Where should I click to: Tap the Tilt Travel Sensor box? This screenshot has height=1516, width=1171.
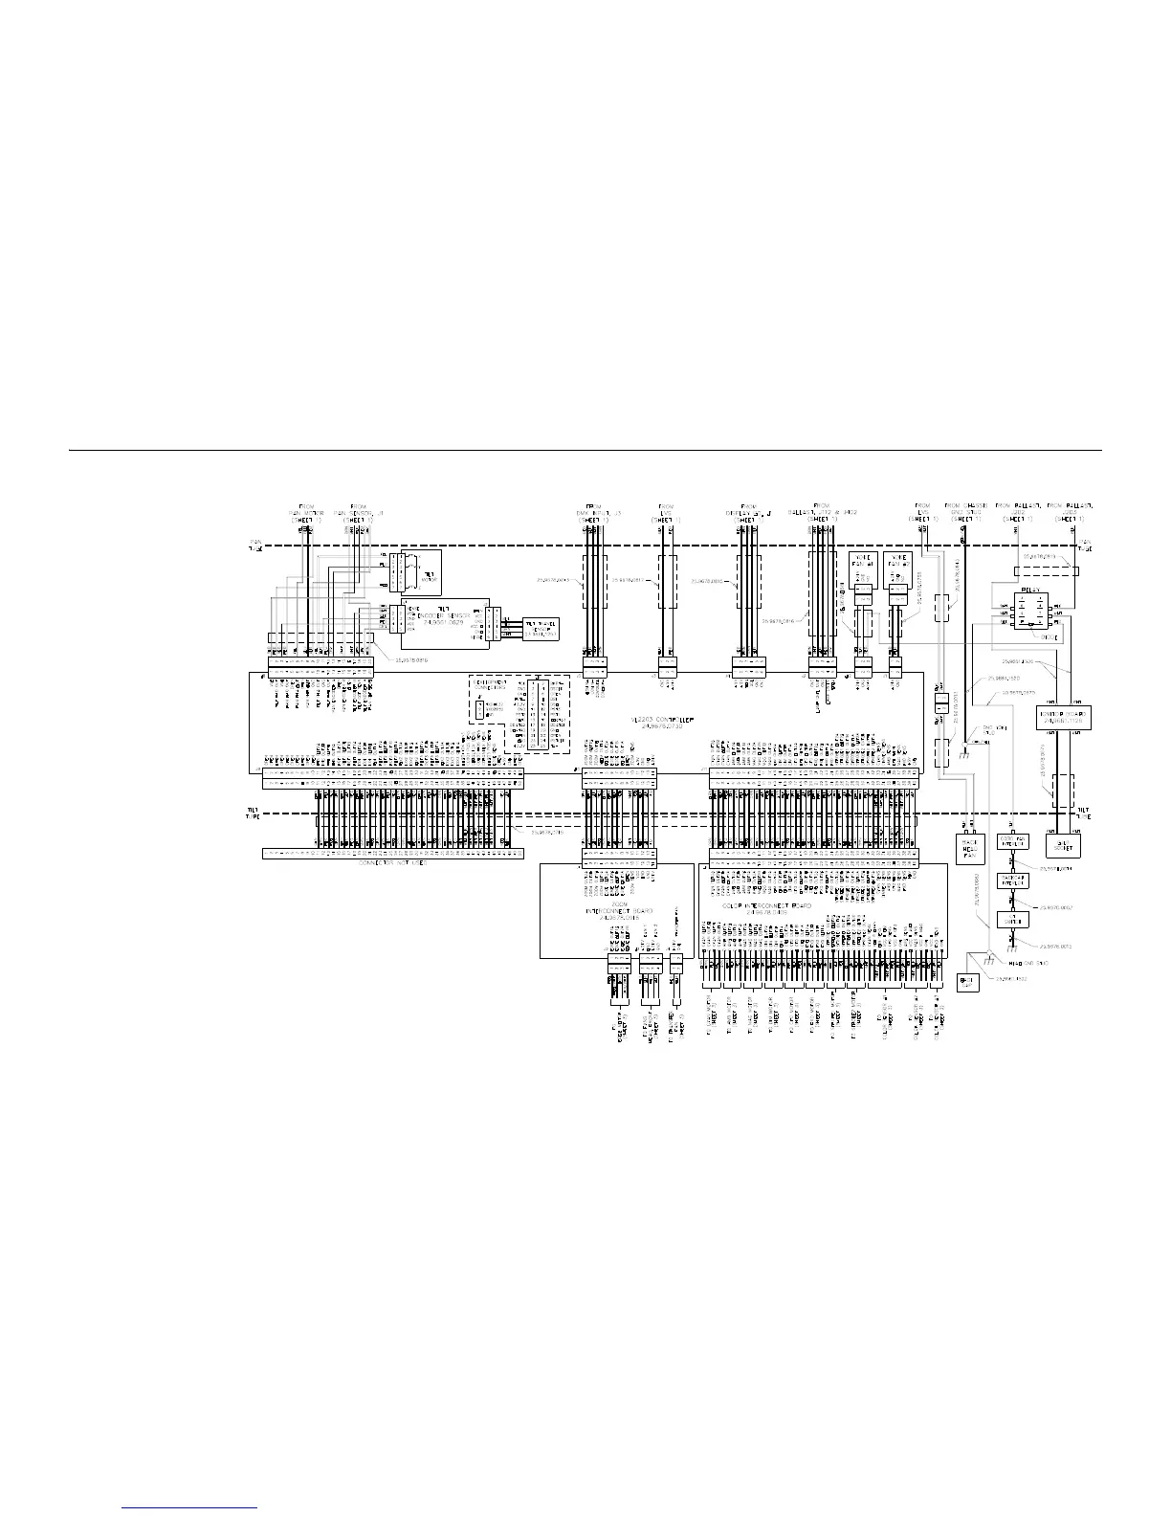click(536, 629)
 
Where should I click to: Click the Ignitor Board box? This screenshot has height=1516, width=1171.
click(1064, 717)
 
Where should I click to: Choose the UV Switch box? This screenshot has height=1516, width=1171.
click(1012, 920)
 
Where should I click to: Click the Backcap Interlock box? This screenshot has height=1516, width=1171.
click(1012, 880)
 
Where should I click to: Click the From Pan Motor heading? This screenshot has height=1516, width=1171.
click(306, 512)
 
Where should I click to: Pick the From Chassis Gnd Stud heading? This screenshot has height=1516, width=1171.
click(965, 512)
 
